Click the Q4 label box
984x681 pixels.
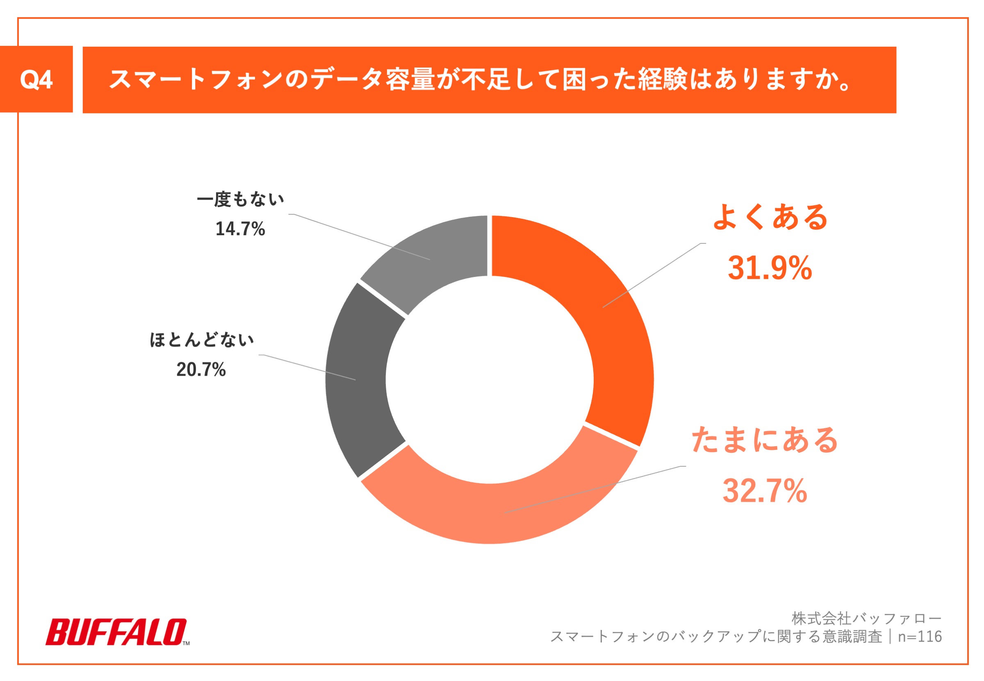click(36, 79)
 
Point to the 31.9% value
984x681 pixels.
click(769, 268)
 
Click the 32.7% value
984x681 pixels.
click(764, 491)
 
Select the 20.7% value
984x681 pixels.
click(200, 370)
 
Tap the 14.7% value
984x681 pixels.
click(240, 229)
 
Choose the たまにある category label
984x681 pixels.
click(764, 440)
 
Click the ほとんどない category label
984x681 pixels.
click(201, 340)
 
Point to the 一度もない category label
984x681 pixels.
click(240, 199)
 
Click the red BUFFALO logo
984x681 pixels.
click(115, 632)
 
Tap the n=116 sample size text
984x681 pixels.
click(920, 636)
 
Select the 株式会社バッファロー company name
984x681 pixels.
click(866, 618)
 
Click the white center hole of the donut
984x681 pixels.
click(490, 380)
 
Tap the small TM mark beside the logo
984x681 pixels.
click(186, 643)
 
